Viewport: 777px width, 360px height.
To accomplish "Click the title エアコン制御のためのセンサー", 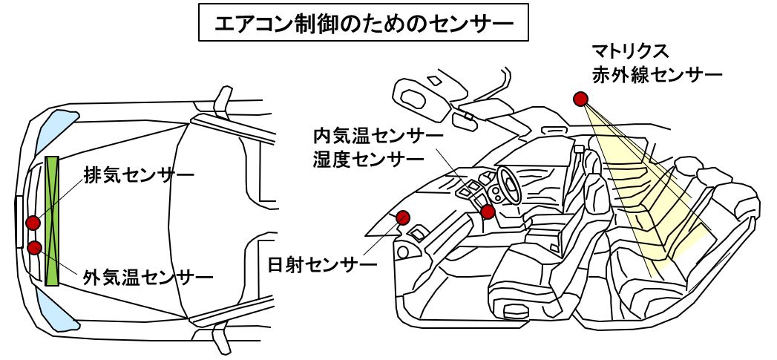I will (x=364, y=24).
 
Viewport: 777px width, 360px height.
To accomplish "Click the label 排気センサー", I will (x=138, y=177).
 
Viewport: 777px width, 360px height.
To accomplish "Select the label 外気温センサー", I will (x=148, y=278).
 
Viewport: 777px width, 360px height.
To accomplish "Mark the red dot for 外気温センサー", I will (x=33, y=247).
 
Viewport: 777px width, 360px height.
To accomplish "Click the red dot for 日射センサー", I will (x=404, y=217).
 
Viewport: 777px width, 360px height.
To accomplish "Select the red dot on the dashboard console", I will (x=488, y=212).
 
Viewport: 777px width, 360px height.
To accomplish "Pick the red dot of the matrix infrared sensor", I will (x=580, y=98).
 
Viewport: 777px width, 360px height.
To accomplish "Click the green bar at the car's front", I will (x=52, y=220).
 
